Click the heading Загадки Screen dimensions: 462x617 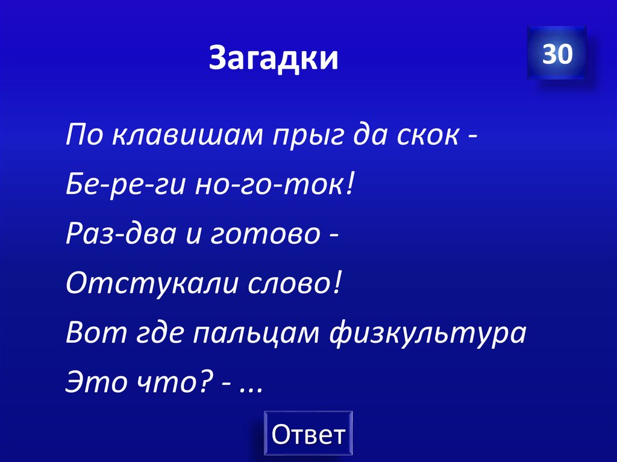point(274,58)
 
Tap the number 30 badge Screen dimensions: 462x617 point(556,54)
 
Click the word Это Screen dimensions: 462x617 point(90,382)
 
